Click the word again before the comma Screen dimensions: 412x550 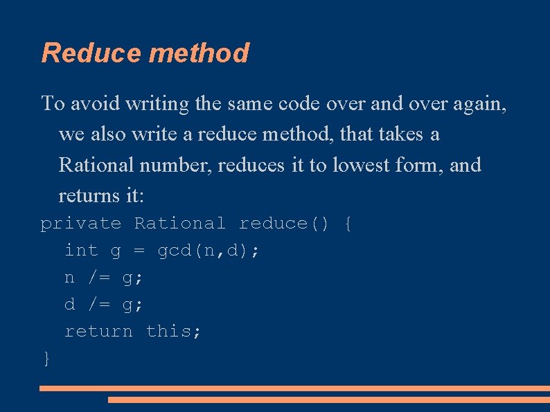tap(478, 104)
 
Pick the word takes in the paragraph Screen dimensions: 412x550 tap(400, 134)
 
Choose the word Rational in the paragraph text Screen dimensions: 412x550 tap(96, 165)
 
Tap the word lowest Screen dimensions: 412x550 tap(364, 165)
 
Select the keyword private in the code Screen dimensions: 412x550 tap(81, 224)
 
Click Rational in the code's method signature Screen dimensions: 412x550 tap(179, 224)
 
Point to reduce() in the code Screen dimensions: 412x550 tap(283, 224)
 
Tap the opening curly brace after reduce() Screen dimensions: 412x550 tap(348, 224)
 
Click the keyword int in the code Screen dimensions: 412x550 tap(81, 251)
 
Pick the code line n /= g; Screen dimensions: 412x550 tap(104, 278)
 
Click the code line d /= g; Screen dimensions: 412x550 tap(104, 305)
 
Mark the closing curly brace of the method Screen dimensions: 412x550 tap(46, 358)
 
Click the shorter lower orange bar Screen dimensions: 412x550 tap(328, 400)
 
